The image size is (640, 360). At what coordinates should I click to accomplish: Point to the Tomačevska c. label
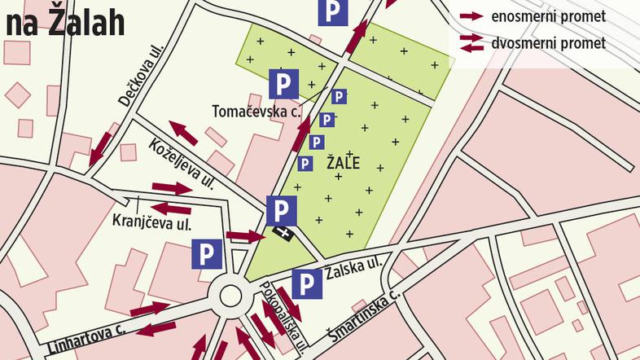click(x=256, y=110)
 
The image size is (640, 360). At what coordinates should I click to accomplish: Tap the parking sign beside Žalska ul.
click(x=306, y=284)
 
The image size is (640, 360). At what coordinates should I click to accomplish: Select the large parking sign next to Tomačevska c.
click(x=283, y=83)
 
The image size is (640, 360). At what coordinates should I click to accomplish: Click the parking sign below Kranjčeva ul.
click(x=205, y=254)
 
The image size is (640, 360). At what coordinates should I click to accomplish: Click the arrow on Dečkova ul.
click(x=102, y=146)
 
